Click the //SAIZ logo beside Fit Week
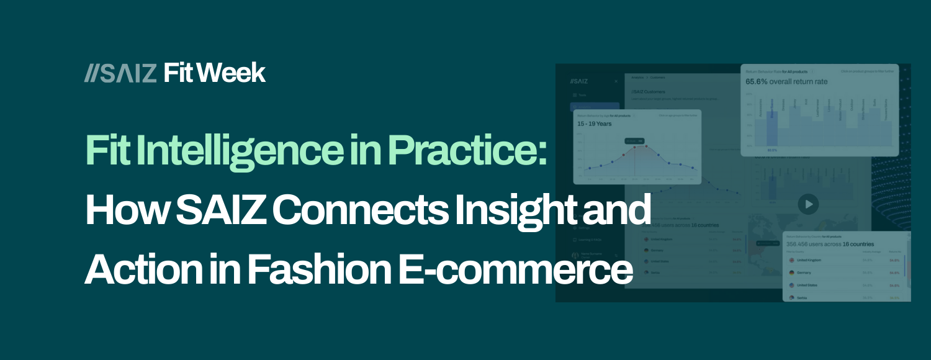[x=120, y=73]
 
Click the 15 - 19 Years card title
[x=595, y=124]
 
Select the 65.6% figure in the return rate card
[x=757, y=81]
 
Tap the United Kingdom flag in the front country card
[x=791, y=260]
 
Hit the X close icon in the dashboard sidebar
[x=616, y=81]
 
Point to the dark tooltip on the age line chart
[x=634, y=141]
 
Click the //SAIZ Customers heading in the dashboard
[x=648, y=92]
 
